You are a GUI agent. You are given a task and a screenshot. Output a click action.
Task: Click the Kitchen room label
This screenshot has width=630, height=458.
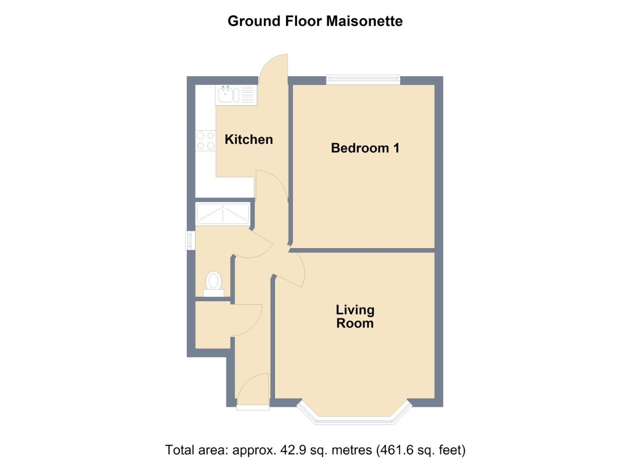[249, 140]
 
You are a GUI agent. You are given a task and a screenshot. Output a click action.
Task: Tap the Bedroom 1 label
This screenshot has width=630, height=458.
[365, 148]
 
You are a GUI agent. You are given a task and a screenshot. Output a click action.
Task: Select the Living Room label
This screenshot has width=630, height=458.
[355, 316]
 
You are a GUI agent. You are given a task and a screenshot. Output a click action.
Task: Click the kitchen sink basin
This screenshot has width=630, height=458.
[225, 95]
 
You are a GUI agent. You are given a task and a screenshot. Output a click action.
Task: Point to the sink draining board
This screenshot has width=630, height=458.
[247, 95]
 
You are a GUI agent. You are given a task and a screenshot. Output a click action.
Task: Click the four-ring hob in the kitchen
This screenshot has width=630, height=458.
[206, 140]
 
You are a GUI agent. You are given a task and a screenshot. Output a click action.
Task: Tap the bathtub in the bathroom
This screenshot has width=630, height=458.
[223, 214]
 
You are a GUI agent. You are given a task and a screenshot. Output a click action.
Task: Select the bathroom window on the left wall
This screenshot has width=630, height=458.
[190, 240]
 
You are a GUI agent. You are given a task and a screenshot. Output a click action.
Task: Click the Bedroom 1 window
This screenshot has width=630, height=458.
[363, 80]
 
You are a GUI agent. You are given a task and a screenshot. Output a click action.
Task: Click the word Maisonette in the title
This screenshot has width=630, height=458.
[364, 21]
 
